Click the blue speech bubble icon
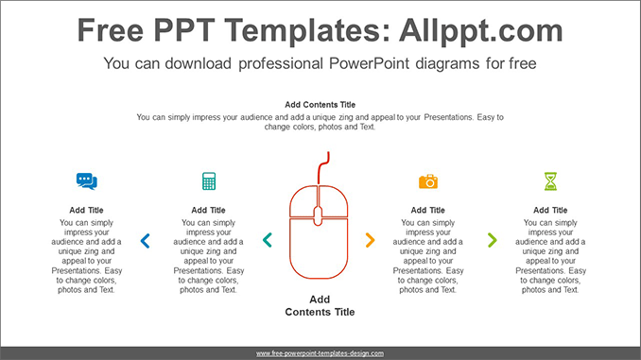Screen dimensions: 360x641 coord(87,180)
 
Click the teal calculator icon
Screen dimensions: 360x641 coord(209,180)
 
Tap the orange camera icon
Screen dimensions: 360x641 coord(428,180)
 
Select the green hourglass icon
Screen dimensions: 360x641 coord(550,180)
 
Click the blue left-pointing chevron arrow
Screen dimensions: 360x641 coord(145,241)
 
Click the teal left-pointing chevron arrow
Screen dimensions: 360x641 coord(267,241)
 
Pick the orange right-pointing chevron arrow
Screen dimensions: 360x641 coord(370,241)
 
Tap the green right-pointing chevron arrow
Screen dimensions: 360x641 coord(492,241)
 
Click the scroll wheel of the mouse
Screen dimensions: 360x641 coord(319,214)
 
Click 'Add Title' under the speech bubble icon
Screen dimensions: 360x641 coord(87,210)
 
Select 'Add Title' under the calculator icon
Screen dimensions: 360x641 coord(209,210)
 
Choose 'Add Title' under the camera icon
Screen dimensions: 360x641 coord(428,210)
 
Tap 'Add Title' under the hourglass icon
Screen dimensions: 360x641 coord(550,210)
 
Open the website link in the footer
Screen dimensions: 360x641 coord(320,353)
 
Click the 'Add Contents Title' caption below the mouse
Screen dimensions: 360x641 coord(320,305)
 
